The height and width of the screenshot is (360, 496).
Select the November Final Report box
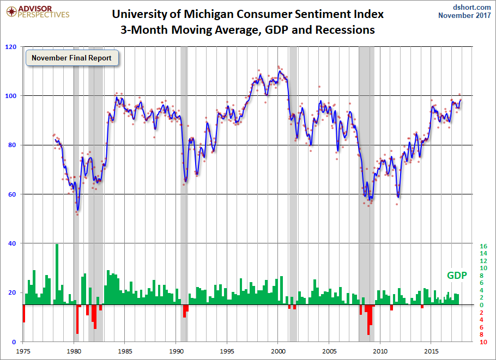[71, 58]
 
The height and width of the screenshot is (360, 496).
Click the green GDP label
[457, 276]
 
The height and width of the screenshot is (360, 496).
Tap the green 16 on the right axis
[483, 246]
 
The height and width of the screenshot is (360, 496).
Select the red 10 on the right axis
[483, 342]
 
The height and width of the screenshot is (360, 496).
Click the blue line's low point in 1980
[78, 210]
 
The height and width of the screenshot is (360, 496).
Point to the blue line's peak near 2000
[280, 71]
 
